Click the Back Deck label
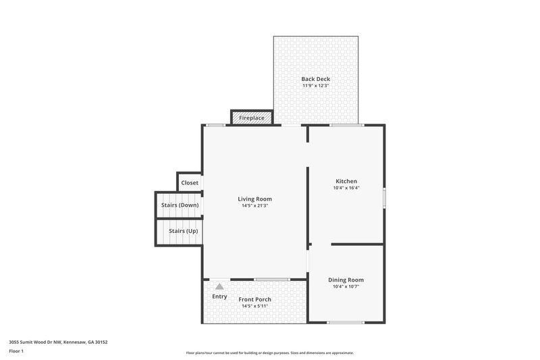(315, 79)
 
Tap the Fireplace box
(252, 118)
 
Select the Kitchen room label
(346, 181)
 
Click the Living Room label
(254, 199)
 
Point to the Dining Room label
(346, 280)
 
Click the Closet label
(190, 183)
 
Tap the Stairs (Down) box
(180, 205)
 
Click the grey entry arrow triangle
(219, 286)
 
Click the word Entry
(219, 297)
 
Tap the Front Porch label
(255, 299)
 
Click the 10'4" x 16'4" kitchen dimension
(346, 188)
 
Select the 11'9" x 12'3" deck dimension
(315, 86)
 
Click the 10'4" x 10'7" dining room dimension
(346, 286)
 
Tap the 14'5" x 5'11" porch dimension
(255, 306)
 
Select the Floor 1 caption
(16, 351)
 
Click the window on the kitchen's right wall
(384, 198)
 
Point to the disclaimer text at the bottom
(269, 353)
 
